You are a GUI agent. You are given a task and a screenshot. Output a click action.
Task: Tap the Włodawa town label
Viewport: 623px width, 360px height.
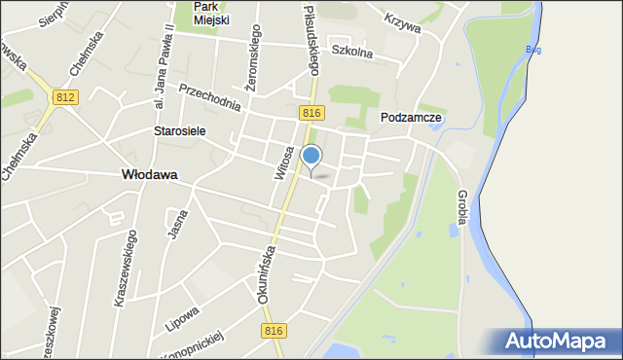[x=149, y=175]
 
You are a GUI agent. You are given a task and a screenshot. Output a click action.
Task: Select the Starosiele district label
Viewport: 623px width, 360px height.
[x=179, y=131]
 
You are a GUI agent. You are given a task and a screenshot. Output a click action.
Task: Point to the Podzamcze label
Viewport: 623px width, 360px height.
[x=411, y=117]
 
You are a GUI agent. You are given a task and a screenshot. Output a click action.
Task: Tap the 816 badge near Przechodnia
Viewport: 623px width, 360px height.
[x=311, y=114]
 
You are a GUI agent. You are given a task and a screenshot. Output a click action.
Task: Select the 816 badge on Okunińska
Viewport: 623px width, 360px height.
[x=274, y=332]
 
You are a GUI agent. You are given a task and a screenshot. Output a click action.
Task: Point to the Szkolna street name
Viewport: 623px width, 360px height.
[x=351, y=52]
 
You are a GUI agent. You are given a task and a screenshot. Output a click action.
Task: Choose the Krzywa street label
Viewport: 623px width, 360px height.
[x=402, y=22]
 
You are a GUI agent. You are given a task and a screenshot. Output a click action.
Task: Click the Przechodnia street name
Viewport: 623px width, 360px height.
[x=208, y=94]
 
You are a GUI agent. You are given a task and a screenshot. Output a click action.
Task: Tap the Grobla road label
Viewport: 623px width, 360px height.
[x=462, y=206]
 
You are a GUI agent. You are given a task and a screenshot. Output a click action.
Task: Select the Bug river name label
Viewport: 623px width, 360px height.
[x=531, y=50]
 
